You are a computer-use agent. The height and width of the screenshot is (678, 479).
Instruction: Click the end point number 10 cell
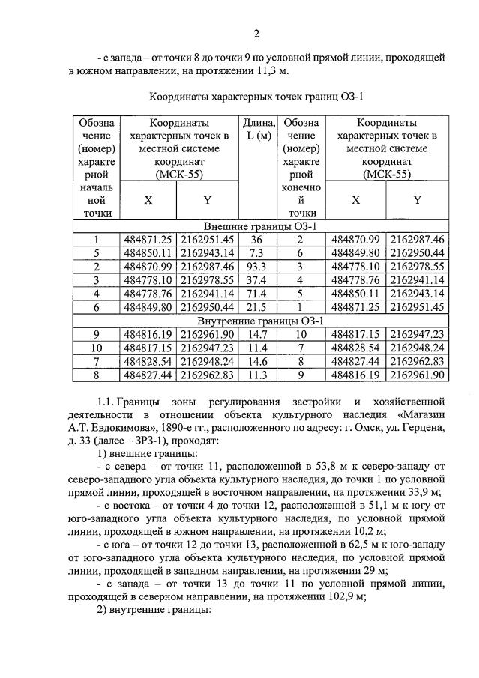click(302, 334)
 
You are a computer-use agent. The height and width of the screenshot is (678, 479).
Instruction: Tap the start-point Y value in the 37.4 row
click(206, 279)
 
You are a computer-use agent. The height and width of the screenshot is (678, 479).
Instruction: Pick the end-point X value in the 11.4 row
click(357, 348)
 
